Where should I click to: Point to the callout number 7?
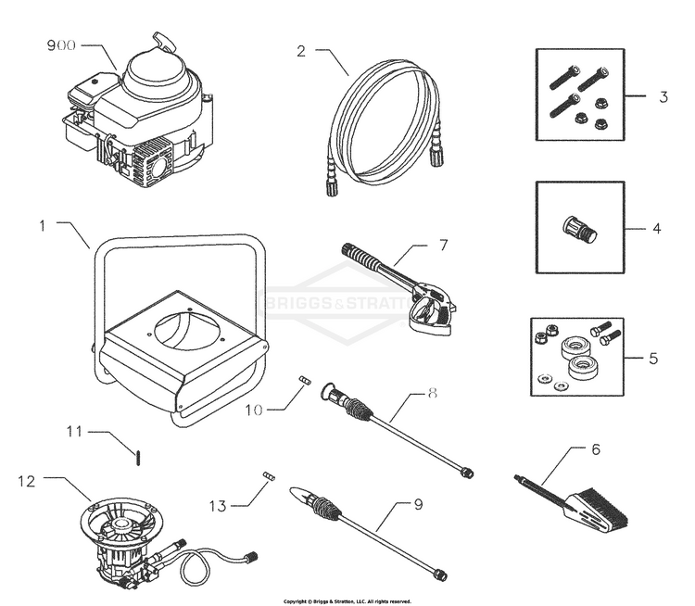click(x=443, y=246)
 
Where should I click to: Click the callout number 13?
click(x=217, y=505)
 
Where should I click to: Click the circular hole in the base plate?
click(x=182, y=328)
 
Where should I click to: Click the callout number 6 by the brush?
click(x=596, y=448)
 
